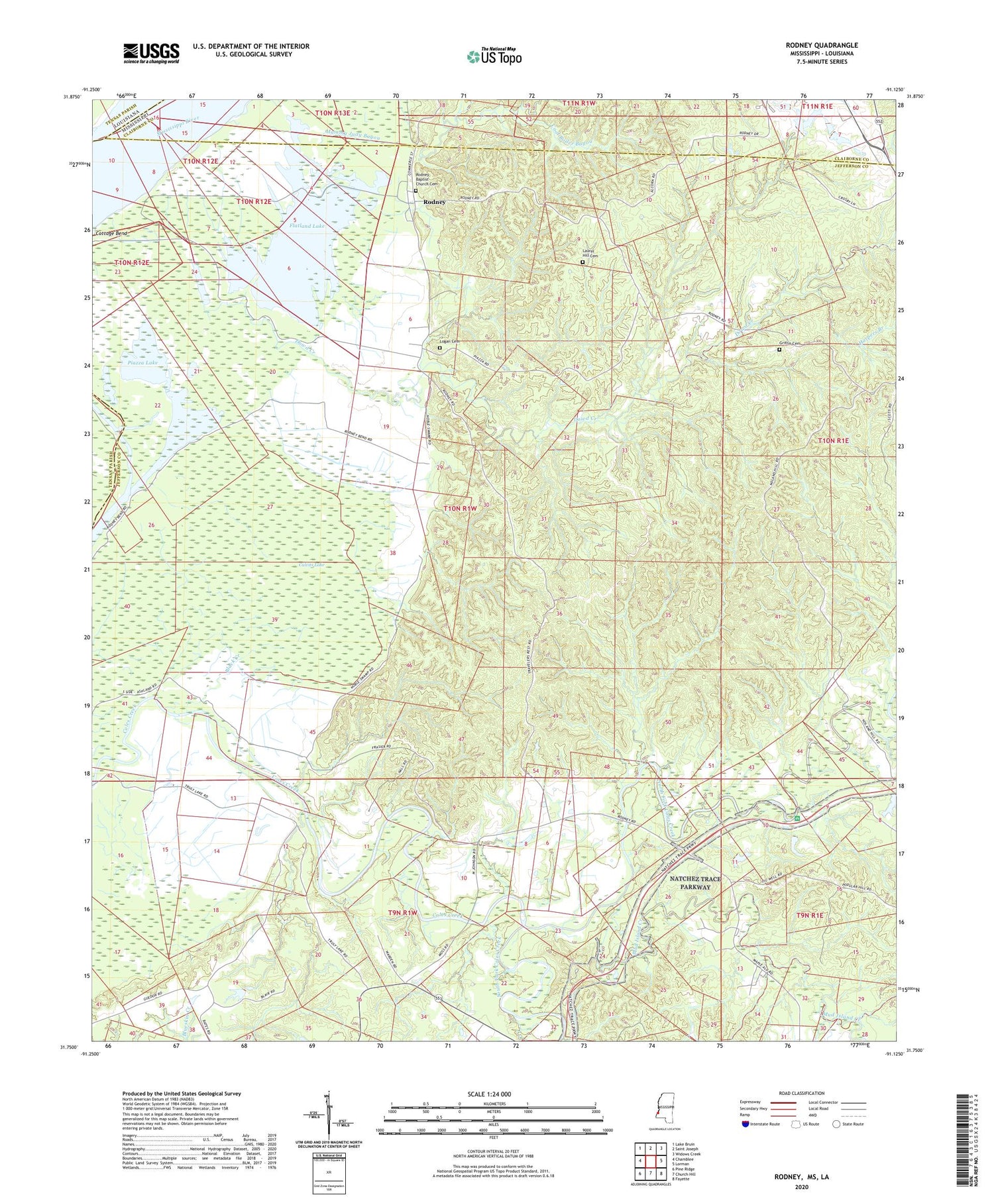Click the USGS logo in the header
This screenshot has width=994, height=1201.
point(151,53)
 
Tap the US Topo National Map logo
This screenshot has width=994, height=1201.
point(493,56)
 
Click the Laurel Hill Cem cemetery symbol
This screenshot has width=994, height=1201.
point(582,262)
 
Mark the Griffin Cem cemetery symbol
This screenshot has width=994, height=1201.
point(779,350)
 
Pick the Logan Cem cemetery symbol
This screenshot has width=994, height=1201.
point(439,347)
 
